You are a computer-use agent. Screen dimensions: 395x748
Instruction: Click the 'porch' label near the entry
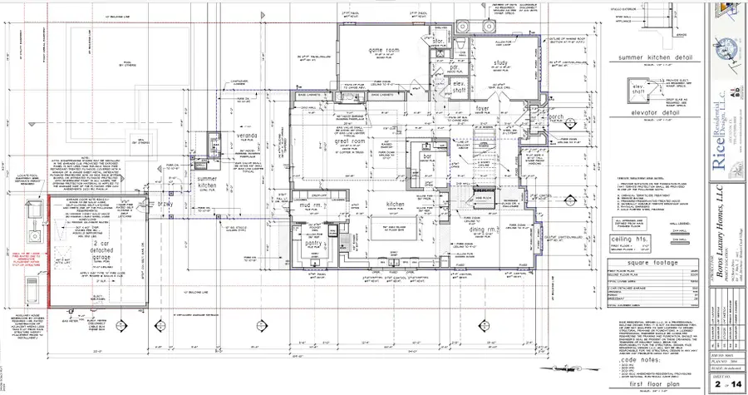click(529, 117)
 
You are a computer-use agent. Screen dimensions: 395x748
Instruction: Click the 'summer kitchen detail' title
click(656, 58)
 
